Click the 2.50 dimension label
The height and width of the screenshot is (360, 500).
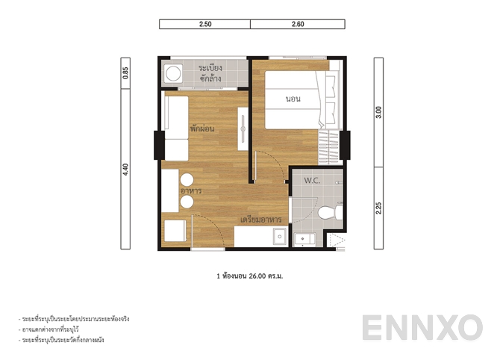click(205, 25)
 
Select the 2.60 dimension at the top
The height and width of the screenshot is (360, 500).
click(298, 25)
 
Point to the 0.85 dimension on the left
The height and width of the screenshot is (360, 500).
click(126, 72)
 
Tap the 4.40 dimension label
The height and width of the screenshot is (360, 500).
click(126, 170)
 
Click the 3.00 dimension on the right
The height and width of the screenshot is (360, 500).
click(378, 111)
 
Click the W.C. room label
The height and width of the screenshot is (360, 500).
click(312, 181)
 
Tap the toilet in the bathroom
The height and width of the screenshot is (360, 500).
click(328, 214)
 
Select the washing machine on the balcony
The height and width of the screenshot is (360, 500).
click(174, 74)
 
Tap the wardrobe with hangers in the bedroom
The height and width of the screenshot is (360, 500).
click(328, 147)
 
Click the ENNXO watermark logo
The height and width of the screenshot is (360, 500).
click(422, 329)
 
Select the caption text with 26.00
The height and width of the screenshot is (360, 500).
click(250, 276)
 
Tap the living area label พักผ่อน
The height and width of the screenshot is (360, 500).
click(202, 128)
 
